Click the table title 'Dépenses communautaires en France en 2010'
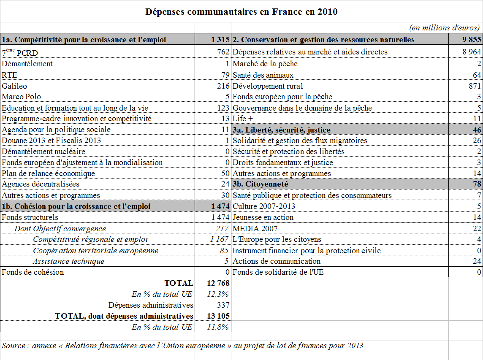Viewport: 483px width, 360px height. pos(241,12)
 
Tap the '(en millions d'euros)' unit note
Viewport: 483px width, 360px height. pos(444,28)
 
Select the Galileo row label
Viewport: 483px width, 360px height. pos(14,86)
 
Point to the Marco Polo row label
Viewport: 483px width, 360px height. pos(22,97)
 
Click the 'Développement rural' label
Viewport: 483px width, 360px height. pos(268,86)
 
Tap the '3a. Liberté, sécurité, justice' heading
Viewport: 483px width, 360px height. pos(282,130)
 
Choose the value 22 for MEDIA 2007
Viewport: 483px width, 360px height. pos(477,228)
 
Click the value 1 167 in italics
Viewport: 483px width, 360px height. pos(220,239)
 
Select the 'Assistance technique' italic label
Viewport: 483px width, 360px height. pos(69,261)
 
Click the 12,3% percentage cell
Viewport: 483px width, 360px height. pos(218,294)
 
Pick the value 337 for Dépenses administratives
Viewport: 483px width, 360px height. pos(223,305)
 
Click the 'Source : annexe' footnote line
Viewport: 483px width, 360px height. pos(182,346)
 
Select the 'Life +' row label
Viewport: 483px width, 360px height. pos(242,119)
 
